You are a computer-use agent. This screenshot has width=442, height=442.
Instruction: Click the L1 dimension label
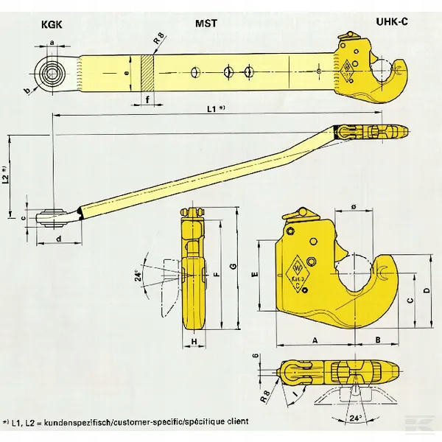coord(216,109)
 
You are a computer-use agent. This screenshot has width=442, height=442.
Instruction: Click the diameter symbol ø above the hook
coord(355,208)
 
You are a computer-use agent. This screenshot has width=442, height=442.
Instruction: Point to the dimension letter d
coord(57,239)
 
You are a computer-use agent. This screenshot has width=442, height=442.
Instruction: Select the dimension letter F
coord(217,274)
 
